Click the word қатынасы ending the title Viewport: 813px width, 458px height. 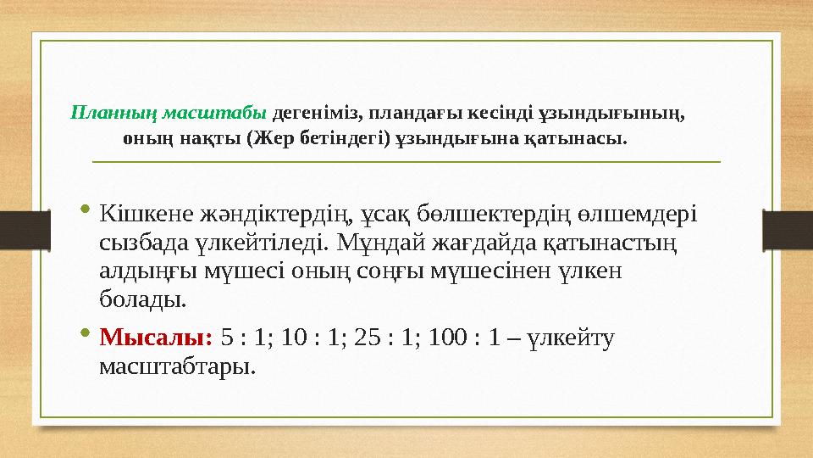[x=588, y=137]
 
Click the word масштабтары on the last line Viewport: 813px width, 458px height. [x=176, y=366]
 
